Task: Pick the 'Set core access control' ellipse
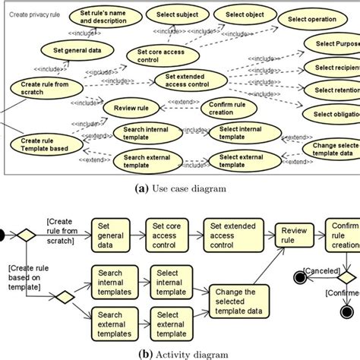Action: point(159,56)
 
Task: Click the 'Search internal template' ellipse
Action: point(141,134)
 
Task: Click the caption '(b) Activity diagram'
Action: point(180,352)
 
